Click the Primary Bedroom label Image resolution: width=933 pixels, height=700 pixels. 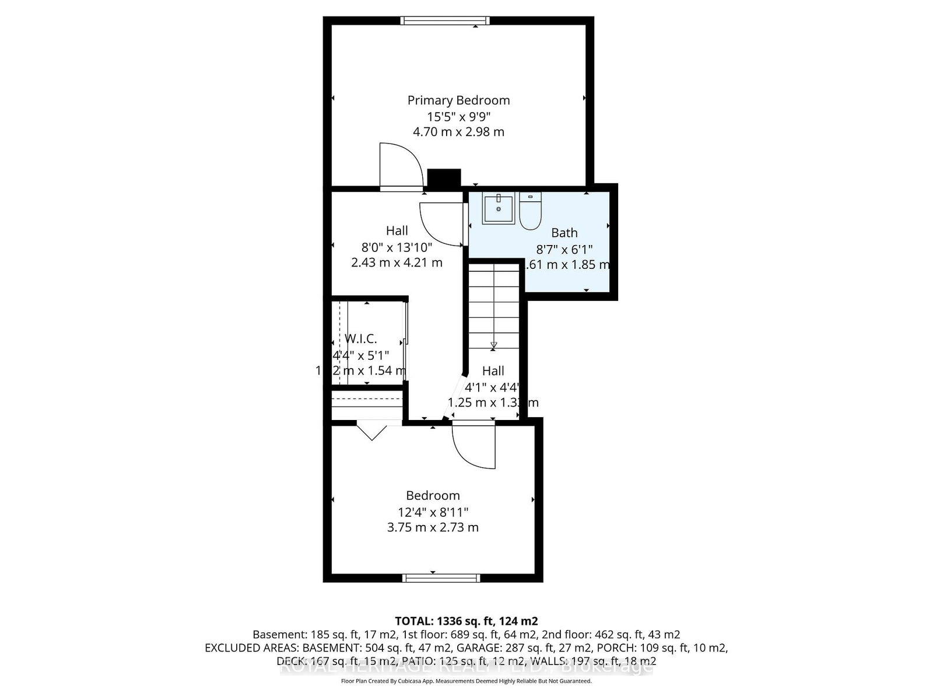click(458, 100)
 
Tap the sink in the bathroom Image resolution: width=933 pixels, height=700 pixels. click(499, 209)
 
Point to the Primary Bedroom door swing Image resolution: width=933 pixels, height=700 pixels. click(401, 166)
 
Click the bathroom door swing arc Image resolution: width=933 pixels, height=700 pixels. click(442, 225)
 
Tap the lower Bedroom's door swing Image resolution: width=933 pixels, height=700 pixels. click(473, 448)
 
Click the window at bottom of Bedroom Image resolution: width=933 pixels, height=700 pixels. click(441, 578)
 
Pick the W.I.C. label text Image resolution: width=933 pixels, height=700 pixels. click(361, 339)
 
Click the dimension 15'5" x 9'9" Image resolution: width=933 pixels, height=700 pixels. click(458, 116)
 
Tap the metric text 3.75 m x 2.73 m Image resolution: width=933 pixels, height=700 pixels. click(433, 527)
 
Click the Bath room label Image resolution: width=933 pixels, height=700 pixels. click(564, 233)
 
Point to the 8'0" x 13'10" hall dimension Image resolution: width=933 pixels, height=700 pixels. click(397, 247)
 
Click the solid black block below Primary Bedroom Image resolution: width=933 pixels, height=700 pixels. click(444, 178)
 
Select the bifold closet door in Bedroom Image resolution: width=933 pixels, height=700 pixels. click(372, 432)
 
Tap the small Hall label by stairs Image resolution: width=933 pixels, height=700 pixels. click(493, 371)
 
